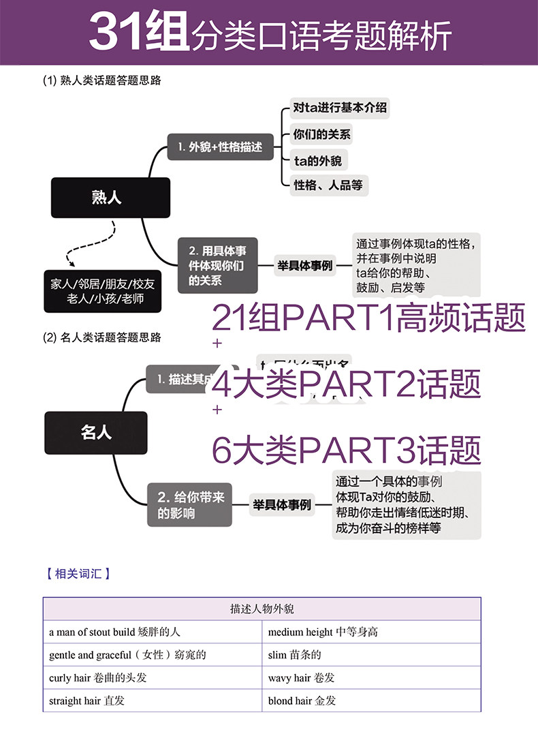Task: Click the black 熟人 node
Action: pyautogui.click(x=110, y=198)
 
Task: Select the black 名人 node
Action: pyautogui.click(x=96, y=433)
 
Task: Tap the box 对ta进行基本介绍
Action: pyautogui.click(x=340, y=108)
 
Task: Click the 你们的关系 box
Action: pyautogui.click(x=321, y=134)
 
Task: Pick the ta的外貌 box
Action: pyautogui.click(x=317, y=159)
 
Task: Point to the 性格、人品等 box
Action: pyautogui.click(x=328, y=185)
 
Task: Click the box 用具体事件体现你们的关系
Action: pyautogui.click(x=218, y=265)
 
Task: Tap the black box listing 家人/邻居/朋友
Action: pyautogui.click(x=103, y=292)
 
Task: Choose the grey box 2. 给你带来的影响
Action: pyautogui.click(x=190, y=505)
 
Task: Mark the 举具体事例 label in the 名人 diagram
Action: pyautogui.click(x=282, y=505)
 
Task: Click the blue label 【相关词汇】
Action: pyautogui.click(x=78, y=574)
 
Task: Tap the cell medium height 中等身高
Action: pyautogui.click(x=323, y=632)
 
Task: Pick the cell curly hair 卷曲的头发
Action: pyautogui.click(x=98, y=677)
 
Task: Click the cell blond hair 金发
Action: pyautogui.click(x=302, y=700)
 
